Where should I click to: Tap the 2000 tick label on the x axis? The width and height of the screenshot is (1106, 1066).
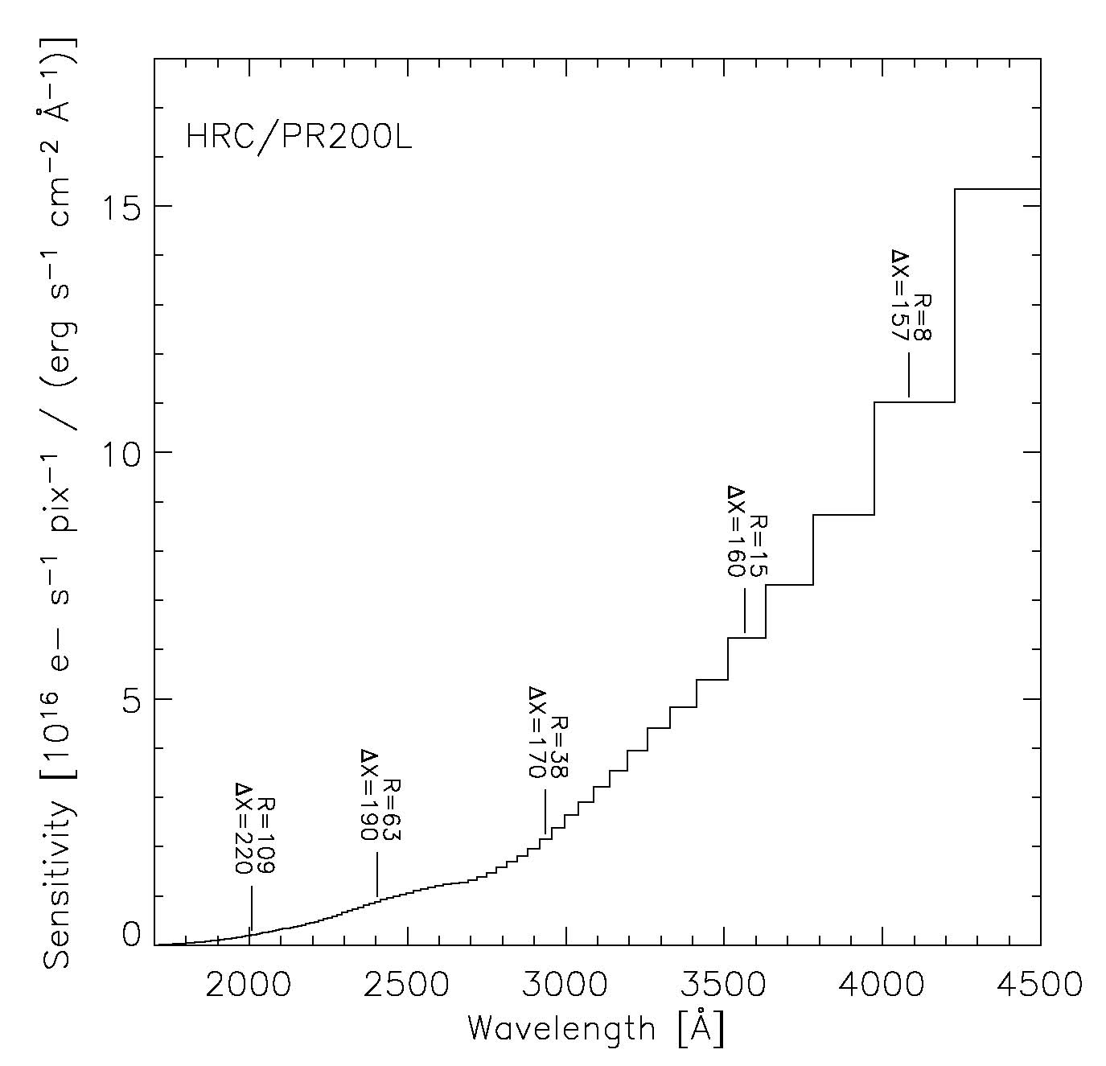249,985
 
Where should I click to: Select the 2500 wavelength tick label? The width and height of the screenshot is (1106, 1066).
407,985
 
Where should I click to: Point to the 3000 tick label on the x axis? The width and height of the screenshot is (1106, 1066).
566,985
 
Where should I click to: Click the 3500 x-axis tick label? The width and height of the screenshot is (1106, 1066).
724,985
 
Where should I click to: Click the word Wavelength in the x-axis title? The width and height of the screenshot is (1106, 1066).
561,1029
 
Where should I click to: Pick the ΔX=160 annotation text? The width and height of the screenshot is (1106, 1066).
736,531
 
